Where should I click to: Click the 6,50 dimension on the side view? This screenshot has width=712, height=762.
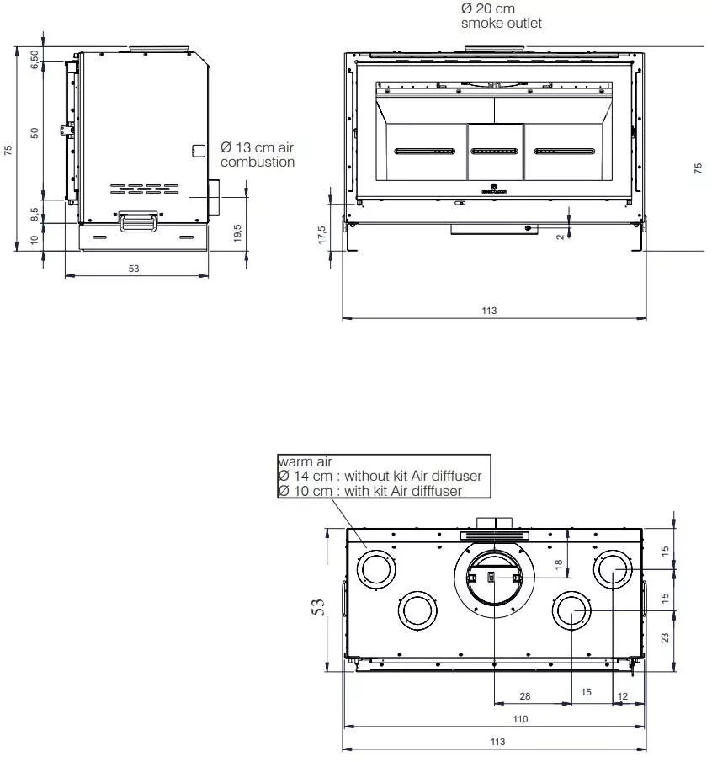(x=35, y=60)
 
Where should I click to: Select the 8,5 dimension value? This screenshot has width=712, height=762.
(x=35, y=211)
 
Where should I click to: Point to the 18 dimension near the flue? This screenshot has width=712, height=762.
(x=558, y=566)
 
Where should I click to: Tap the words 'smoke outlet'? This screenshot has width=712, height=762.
(x=502, y=24)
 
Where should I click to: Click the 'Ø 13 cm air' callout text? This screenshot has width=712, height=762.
(x=257, y=148)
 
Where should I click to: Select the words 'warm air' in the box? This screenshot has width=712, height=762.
(x=305, y=461)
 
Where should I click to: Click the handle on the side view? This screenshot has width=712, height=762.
(x=137, y=221)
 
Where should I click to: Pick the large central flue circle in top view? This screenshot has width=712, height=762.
(x=494, y=578)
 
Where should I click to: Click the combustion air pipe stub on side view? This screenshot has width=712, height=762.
(x=214, y=196)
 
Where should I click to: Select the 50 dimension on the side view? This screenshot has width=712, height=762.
(x=35, y=133)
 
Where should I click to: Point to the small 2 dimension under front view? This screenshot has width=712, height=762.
(x=561, y=237)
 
